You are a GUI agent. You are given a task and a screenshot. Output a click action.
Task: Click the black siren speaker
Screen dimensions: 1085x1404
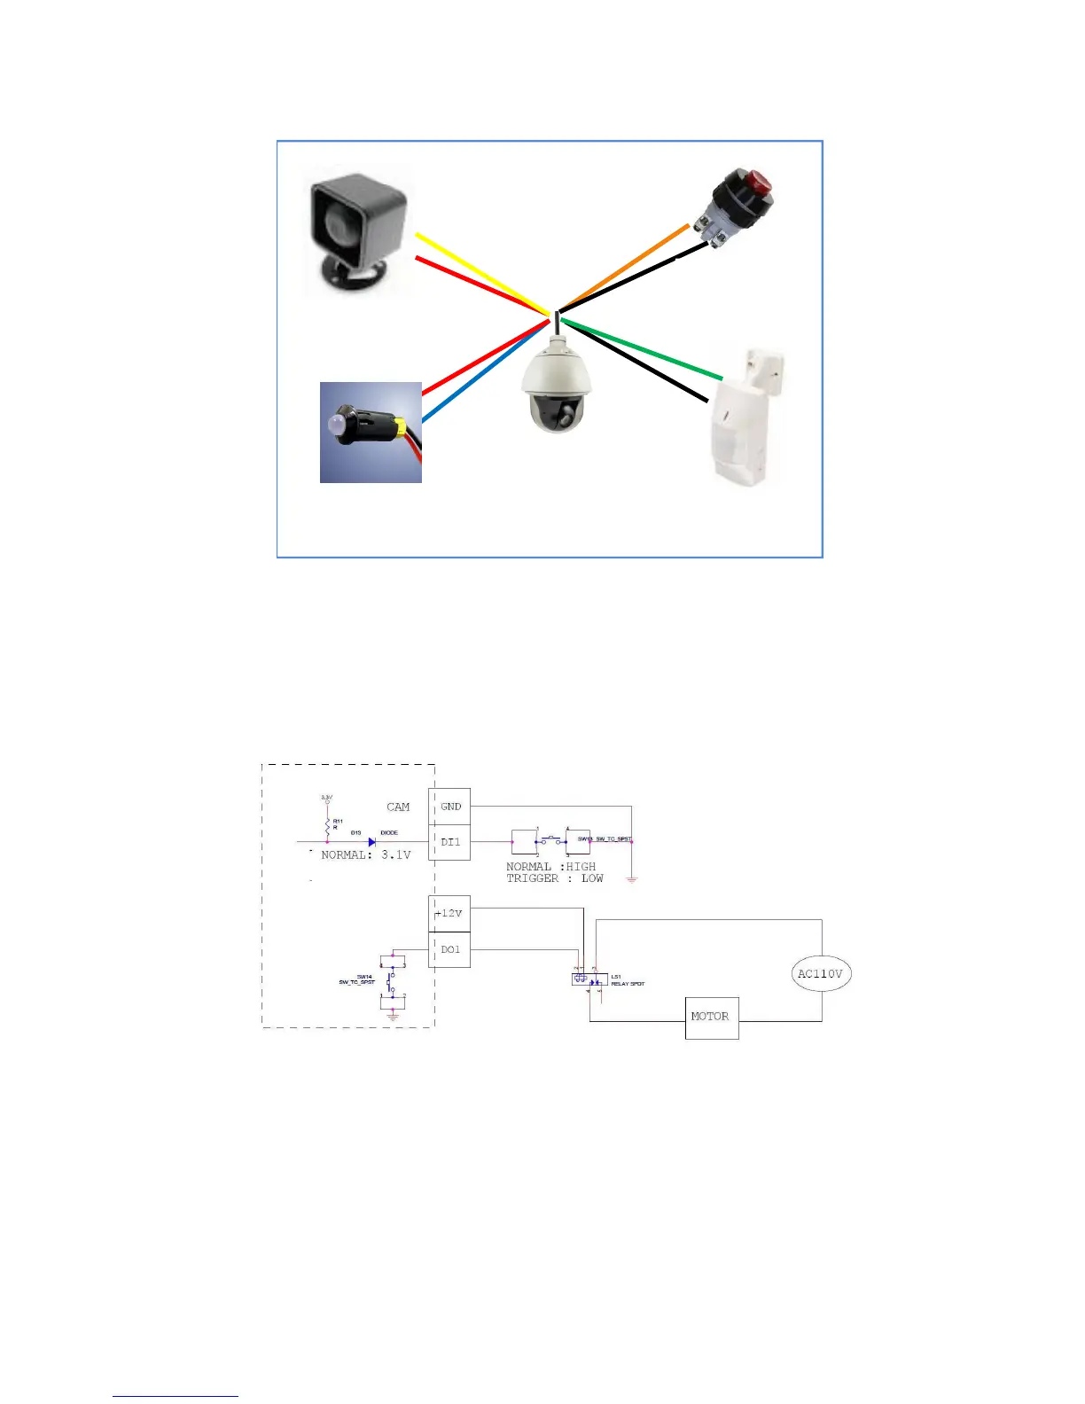coord(358,232)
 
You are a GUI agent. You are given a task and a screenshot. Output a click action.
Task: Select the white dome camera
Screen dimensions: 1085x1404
coord(557,388)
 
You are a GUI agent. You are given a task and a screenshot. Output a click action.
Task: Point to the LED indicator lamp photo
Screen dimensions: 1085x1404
coord(371,433)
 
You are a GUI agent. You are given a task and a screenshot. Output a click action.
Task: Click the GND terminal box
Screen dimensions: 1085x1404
coord(449,807)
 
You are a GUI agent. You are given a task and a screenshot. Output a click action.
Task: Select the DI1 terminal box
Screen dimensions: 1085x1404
coord(449,842)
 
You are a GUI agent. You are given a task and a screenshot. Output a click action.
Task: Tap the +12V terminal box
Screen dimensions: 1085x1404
coord(449,913)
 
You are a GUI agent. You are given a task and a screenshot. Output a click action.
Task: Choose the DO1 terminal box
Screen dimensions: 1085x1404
coord(449,949)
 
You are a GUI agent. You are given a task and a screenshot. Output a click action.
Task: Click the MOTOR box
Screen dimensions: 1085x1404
coord(711,1017)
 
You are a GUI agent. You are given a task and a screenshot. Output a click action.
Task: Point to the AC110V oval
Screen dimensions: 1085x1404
coord(820,973)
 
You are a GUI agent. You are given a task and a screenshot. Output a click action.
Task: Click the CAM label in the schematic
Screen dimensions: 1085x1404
coord(398,807)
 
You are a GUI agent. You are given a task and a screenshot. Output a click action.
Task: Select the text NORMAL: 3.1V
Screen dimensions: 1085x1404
coord(365,855)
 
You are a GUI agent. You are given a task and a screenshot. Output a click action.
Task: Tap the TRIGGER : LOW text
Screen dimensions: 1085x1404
coord(554,878)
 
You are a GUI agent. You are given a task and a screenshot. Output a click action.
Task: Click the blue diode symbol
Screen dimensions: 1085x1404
coord(372,842)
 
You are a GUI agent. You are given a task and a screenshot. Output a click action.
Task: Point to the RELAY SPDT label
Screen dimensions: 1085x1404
coord(628,984)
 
